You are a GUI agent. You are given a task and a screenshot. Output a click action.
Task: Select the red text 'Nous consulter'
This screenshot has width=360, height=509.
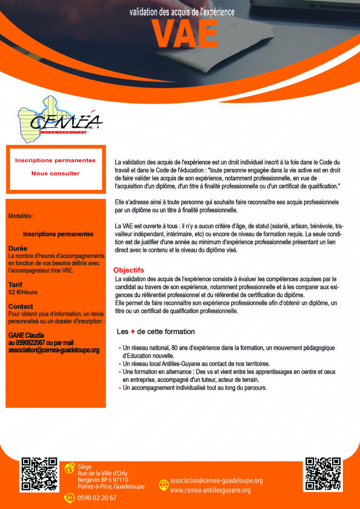[55, 173]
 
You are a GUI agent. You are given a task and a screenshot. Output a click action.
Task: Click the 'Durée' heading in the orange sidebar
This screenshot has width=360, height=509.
[18, 248]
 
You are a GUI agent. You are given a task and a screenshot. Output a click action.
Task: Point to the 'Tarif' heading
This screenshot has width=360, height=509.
[15, 284]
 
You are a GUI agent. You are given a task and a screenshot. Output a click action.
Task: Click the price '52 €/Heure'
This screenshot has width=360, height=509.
[23, 292]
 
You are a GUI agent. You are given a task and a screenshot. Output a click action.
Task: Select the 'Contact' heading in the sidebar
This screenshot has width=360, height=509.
[21, 307]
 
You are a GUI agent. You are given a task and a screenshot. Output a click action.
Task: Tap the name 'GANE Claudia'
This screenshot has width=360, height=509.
[26, 336]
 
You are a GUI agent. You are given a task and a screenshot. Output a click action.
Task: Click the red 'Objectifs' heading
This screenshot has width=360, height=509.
[128, 270]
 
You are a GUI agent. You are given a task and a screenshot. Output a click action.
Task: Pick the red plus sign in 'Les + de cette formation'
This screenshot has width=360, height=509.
[133, 332]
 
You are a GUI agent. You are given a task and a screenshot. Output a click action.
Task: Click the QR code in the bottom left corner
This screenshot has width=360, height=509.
[40, 474]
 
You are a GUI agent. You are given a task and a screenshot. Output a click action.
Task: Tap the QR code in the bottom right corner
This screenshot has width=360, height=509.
[322, 474]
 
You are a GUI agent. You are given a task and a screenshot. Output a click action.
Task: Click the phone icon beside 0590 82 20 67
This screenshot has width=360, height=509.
[69, 498]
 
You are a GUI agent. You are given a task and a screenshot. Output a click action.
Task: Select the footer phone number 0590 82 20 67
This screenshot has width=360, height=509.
[97, 498]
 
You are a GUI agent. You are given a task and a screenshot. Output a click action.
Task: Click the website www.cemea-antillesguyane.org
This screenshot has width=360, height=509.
[210, 490]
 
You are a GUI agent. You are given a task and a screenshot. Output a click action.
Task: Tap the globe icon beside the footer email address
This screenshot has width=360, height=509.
[164, 484]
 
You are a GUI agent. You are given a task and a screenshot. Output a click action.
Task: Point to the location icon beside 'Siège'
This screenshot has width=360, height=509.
[69, 468]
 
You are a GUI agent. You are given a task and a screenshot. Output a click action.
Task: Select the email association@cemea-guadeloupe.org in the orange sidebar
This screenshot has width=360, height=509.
[54, 350]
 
